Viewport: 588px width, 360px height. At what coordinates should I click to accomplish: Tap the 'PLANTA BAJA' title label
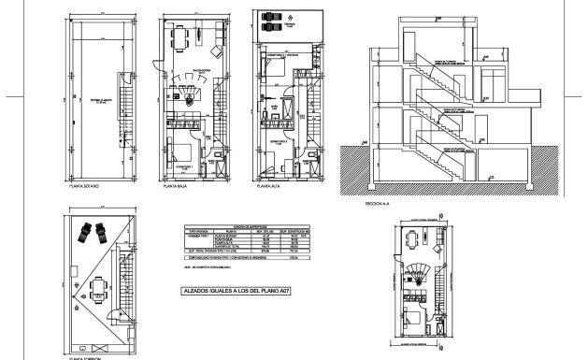coord(178,187)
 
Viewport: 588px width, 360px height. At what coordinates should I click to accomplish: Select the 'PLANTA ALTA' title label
coord(270,187)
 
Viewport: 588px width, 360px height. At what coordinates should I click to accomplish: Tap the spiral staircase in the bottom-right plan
coord(419,275)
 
